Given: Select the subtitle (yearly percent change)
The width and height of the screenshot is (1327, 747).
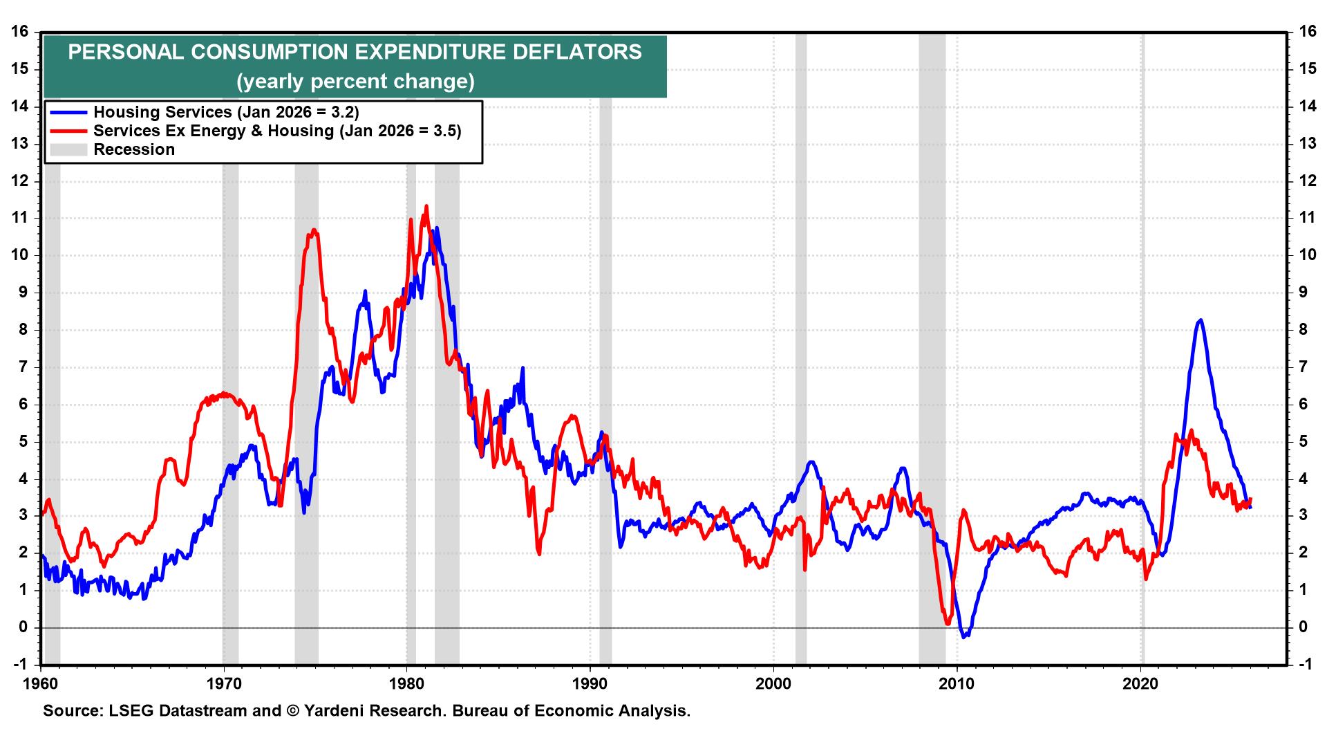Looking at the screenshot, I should click(x=355, y=82).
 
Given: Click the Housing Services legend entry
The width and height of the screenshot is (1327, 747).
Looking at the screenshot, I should click(x=226, y=112).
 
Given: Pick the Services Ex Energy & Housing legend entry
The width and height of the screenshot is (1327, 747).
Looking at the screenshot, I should click(x=277, y=131).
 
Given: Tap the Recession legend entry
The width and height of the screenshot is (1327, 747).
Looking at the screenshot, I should click(x=134, y=149).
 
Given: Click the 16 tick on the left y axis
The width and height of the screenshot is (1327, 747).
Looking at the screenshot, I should click(x=19, y=32).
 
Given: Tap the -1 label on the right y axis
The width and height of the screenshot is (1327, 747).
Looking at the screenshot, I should click(x=1306, y=665).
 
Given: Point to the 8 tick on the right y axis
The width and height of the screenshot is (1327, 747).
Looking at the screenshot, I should click(x=1306, y=330).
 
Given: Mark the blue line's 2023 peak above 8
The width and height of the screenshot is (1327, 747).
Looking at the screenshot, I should click(x=1201, y=320).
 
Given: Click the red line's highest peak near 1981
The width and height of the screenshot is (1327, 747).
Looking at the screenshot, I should click(x=426, y=206).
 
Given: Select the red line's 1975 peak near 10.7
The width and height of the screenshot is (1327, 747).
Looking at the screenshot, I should click(x=314, y=230).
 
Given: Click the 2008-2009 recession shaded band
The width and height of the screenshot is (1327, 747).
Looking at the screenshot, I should click(x=932, y=346).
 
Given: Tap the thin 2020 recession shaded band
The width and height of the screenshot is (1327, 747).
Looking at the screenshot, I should click(x=1142, y=346).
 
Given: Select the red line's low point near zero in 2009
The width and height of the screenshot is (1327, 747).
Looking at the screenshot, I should click(x=948, y=624).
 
